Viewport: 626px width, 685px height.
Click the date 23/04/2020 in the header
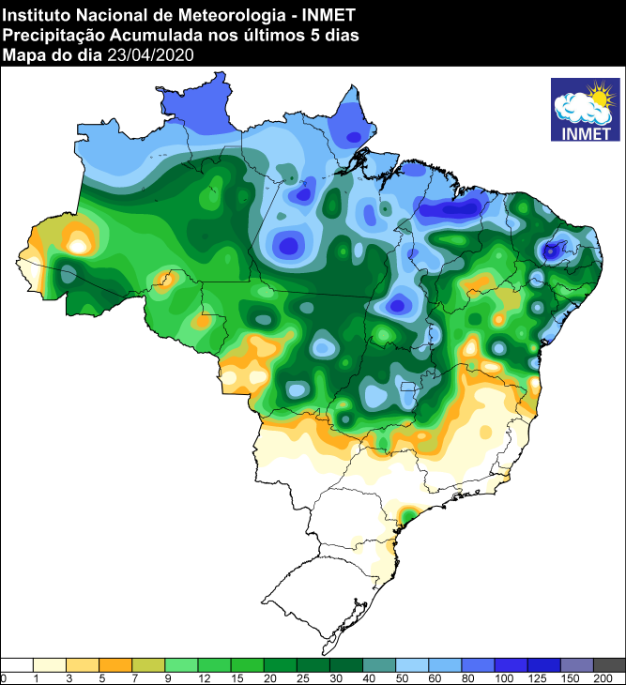[150, 55]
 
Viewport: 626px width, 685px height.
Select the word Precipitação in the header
[48, 35]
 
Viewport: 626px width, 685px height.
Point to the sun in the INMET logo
[598, 95]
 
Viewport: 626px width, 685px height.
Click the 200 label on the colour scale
[616, 677]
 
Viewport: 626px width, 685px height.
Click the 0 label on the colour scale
[4, 677]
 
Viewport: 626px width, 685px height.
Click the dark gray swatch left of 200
[609, 664]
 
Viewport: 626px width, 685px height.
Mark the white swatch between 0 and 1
[18, 664]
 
